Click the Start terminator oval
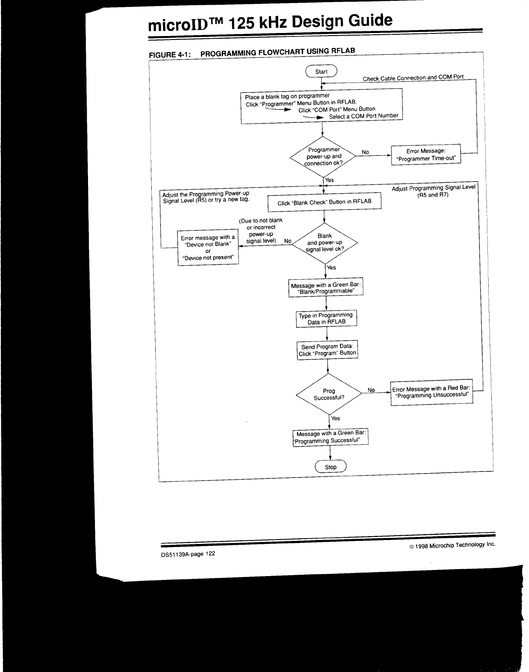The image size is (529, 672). [321, 72]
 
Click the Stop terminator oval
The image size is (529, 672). [330, 467]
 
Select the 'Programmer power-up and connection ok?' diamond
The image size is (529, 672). [323, 157]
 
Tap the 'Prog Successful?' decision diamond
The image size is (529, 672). [329, 394]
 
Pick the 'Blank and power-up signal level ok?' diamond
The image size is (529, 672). [325, 243]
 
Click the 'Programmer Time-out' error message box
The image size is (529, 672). [426, 155]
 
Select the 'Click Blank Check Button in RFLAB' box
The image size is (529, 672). [324, 202]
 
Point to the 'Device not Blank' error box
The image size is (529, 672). [208, 248]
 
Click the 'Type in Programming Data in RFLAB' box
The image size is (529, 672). [327, 318]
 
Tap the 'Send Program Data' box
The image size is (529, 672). [327, 350]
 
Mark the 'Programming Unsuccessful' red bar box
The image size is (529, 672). [432, 392]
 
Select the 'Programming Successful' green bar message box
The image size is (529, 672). [331, 437]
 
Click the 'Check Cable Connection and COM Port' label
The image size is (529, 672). [413, 78]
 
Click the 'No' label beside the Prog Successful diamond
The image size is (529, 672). [371, 390]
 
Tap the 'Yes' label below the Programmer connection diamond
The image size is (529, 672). [330, 180]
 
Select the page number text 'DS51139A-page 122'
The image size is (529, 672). [188, 554]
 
